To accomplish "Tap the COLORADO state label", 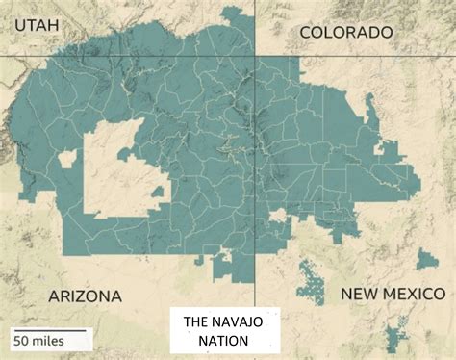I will (x=346, y=33).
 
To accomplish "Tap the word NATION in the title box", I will (x=224, y=341).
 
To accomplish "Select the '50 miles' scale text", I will (x=40, y=340).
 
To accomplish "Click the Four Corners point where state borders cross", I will (x=255, y=57).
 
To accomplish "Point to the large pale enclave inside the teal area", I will (x=115, y=173).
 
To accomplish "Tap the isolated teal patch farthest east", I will (x=427, y=259).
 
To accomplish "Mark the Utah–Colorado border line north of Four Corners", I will (x=255, y=29).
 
